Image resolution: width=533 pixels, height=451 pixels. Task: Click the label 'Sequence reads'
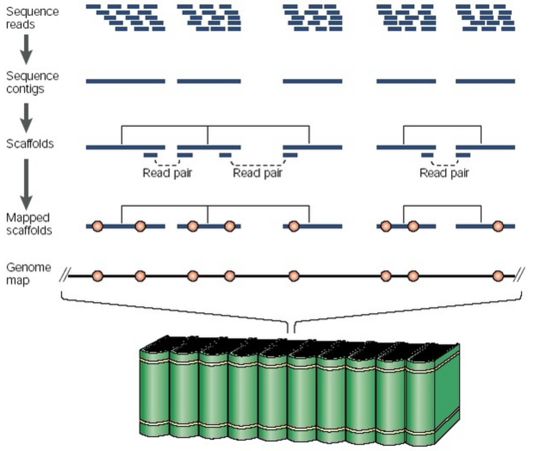32,18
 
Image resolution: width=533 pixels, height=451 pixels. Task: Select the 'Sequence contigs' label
32,82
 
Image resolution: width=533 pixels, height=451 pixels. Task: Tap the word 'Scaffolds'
30,144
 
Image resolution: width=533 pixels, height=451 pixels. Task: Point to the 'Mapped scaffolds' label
29,224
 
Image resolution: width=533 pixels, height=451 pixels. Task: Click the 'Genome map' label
28,273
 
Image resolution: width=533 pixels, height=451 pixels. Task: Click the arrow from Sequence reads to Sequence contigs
26,49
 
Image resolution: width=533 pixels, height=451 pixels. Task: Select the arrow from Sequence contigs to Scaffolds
26,118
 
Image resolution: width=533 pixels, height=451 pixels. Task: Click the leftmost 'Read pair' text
167,173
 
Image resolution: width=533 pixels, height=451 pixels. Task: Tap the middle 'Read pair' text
257,173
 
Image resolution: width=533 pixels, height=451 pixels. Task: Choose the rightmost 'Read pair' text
444,173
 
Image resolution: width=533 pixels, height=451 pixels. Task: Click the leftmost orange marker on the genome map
98,276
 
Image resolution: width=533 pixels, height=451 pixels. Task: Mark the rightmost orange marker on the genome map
498,276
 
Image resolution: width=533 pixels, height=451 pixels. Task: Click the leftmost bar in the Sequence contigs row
125,81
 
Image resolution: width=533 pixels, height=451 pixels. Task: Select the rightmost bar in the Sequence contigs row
485,81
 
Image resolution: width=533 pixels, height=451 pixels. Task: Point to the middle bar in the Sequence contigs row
312,81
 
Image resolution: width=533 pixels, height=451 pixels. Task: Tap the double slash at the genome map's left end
65,275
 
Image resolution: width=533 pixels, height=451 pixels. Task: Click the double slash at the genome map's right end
519,275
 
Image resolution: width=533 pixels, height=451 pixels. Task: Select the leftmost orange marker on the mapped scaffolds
98,226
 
